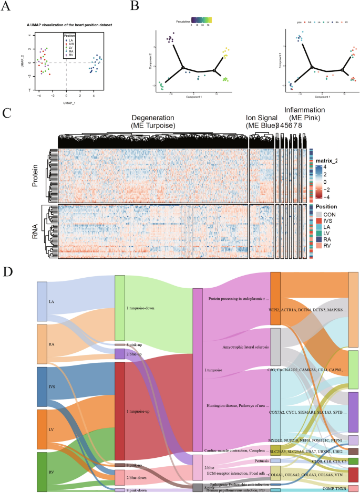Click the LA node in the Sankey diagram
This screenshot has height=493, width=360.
(x=42, y=301)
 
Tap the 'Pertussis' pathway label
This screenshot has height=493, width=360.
(x=254, y=460)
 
